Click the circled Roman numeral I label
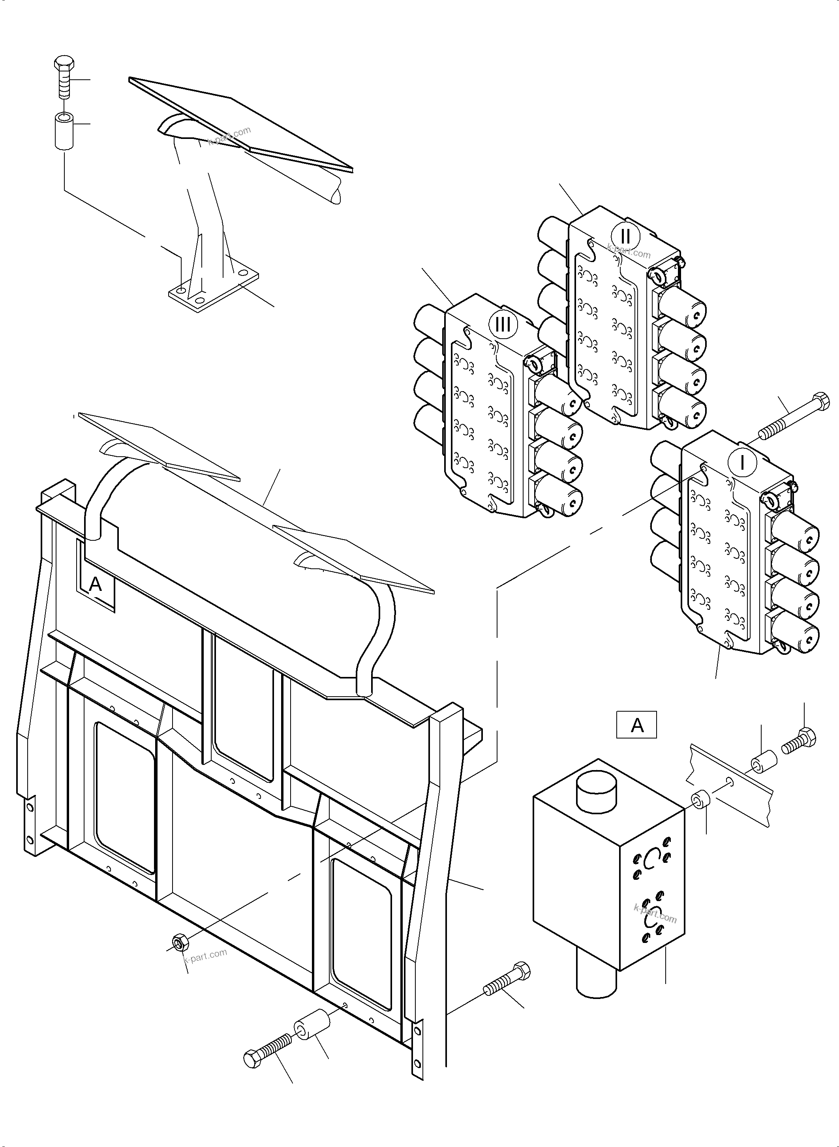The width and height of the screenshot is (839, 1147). (x=742, y=463)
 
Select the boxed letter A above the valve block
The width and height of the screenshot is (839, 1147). (x=636, y=725)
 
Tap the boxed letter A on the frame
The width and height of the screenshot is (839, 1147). (x=96, y=585)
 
